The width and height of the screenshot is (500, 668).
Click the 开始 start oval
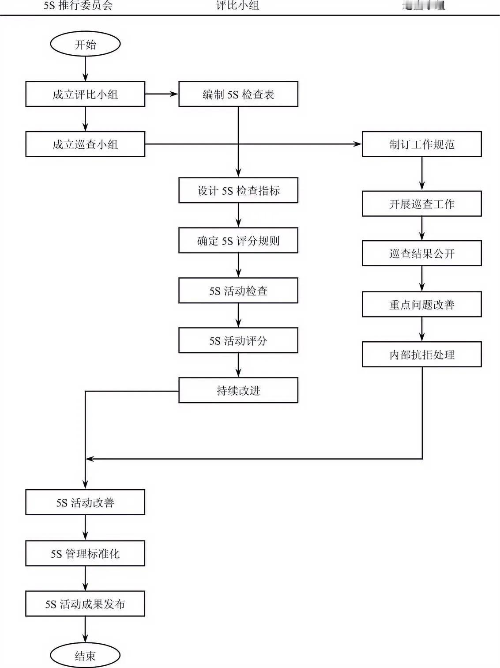tap(85, 44)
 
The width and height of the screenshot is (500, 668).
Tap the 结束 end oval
tap(85, 655)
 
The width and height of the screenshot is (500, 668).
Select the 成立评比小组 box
tap(85, 94)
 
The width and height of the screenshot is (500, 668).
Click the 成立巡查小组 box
tap(85, 144)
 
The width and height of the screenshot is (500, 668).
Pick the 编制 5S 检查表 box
tap(238, 94)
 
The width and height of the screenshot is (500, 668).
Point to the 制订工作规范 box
tap(421, 144)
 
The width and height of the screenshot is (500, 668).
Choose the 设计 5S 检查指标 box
tap(238, 190)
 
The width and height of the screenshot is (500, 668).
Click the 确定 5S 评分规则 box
tap(238, 240)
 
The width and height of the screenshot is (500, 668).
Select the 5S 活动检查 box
tap(238, 290)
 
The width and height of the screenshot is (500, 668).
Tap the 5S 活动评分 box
tap(238, 340)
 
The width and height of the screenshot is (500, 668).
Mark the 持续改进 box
tap(238, 390)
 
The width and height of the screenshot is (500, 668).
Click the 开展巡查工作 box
tap(421, 204)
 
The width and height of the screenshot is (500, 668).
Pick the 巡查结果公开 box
tap(421, 253)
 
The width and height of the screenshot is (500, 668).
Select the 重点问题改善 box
tap(421, 304)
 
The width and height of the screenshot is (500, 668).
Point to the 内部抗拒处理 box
tap(421, 354)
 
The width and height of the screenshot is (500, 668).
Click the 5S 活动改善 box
tap(85, 502)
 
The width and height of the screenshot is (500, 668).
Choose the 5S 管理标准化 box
tap(85, 553)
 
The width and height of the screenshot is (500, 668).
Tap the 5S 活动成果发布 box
tap(85, 604)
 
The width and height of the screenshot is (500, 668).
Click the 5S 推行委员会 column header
tap(78, 6)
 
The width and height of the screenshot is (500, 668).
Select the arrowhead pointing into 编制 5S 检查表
tap(174, 94)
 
